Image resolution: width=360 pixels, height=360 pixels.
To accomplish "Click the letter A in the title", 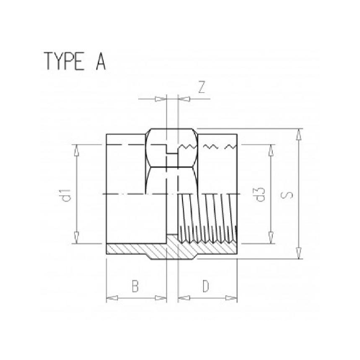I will point(99,63).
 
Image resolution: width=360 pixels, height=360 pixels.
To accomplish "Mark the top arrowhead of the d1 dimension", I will point(76,146).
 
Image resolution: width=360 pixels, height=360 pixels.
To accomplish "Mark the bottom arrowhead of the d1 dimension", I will point(76,243).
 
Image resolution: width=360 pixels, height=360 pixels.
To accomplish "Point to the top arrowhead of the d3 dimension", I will point(271,147).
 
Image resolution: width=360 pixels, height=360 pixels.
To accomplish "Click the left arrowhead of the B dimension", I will point(109,297).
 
